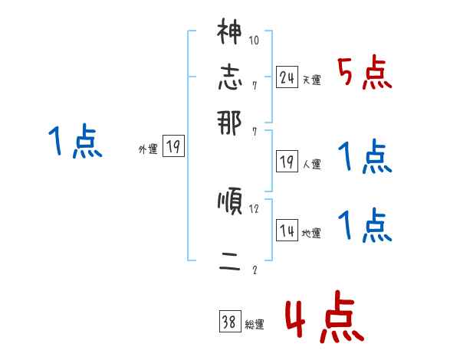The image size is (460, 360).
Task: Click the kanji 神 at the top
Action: point(229,33)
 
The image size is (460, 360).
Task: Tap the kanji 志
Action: point(229,77)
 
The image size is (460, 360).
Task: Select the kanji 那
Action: point(229,123)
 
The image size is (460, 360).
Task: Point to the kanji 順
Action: point(229,203)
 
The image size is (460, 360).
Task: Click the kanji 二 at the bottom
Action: point(229,262)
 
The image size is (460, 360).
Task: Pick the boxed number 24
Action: point(287,77)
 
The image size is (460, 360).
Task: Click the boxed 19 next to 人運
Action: point(287,162)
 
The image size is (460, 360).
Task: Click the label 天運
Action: point(312,80)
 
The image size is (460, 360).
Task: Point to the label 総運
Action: point(255,325)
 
